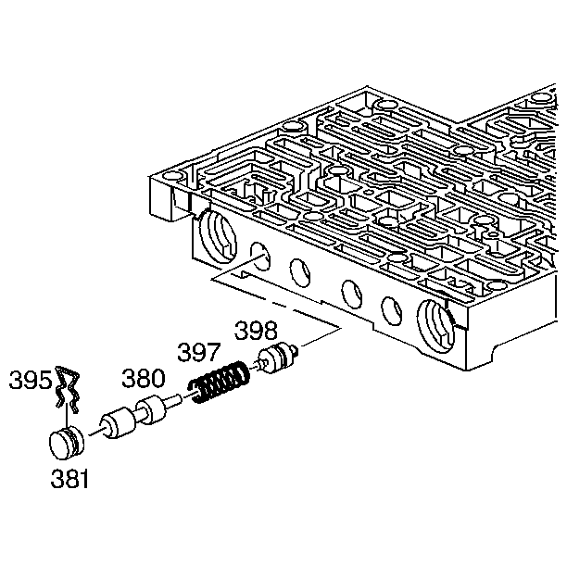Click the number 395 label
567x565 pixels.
31,381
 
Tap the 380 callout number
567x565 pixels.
144,378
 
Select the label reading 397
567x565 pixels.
198,352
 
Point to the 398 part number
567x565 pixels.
256,331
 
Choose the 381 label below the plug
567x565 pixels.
69,479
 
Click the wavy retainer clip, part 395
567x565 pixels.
68,389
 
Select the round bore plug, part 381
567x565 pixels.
67,442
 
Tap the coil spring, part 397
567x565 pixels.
220,382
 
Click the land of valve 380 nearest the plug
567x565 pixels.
119,423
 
